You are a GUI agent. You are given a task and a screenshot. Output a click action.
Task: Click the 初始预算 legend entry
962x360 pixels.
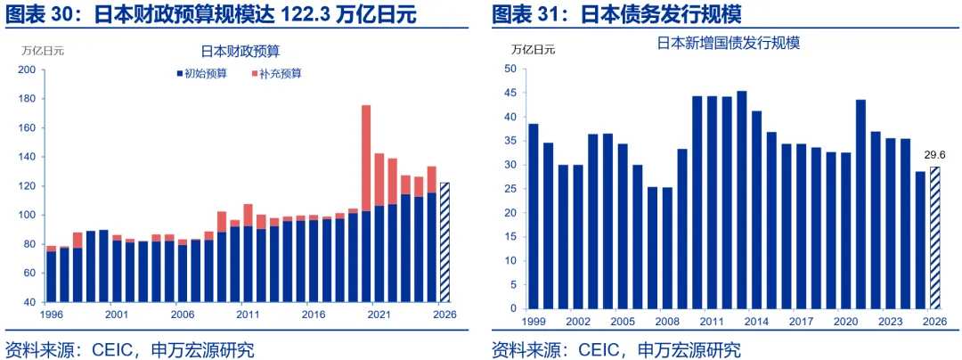[204, 73]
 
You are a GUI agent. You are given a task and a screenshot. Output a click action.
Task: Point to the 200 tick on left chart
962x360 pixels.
[27, 70]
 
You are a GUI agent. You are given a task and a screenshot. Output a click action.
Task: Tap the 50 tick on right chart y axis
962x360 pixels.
[510, 69]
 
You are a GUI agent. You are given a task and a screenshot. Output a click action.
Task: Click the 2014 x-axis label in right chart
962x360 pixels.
[757, 321]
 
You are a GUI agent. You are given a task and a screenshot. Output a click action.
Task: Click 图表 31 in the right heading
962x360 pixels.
[530, 15]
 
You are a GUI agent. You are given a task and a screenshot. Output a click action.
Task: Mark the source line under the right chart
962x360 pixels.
[616, 348]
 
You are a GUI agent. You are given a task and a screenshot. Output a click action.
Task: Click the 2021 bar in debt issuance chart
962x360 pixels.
[860, 204]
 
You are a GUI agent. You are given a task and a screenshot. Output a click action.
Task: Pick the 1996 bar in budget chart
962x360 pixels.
[51, 275]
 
